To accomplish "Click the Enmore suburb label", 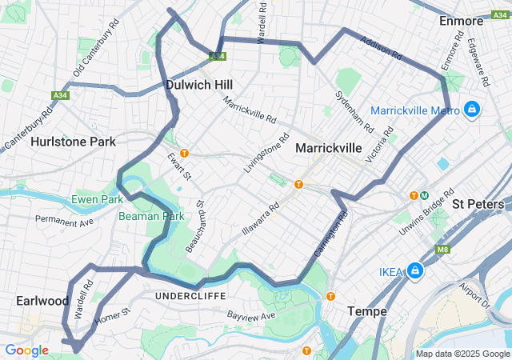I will click(462, 22).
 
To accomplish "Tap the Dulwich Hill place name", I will click(199, 83).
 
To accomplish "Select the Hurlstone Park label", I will click(73, 142).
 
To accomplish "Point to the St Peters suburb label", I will click(480, 204).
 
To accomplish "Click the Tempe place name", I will click(367, 310).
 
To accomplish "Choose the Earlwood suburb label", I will click(42, 301).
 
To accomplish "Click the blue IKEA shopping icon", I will click(415, 272).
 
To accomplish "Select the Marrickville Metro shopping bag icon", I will click(472, 108).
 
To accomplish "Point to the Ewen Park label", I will click(97, 198).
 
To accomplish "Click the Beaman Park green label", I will click(151, 216).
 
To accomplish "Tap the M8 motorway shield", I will click(442, 250).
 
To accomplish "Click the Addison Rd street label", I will click(380, 48).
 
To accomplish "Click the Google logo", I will click(26, 350).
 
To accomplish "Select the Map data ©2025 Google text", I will click(462, 354).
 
